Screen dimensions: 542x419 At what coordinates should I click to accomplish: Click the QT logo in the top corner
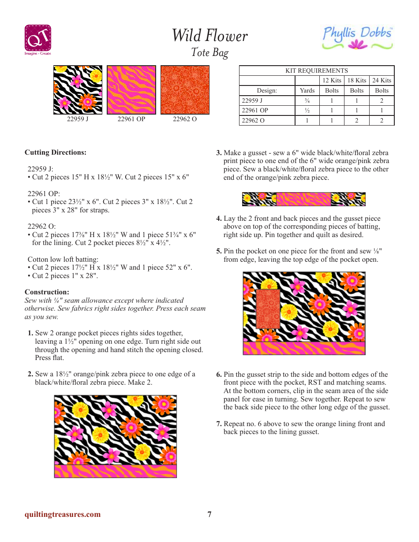tap(37, 39)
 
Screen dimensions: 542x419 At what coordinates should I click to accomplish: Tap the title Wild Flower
tap(209, 36)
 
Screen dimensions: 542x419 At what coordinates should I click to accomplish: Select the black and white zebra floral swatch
tap(78, 90)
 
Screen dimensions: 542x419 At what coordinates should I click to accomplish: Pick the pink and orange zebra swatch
tap(131, 90)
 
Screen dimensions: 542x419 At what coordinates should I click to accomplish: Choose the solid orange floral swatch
tap(185, 90)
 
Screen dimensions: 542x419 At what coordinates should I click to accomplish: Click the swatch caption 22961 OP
tap(131, 119)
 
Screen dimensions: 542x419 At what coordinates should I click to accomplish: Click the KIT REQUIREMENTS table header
tap(316, 71)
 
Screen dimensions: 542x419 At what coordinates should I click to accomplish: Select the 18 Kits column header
tap(356, 80)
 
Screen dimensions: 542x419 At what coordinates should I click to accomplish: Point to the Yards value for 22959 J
tap(307, 100)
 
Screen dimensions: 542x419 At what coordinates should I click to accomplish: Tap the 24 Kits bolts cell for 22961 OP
tap(382, 111)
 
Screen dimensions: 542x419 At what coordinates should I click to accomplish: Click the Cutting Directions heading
tap(56, 152)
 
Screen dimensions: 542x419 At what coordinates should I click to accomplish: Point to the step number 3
tap(219, 153)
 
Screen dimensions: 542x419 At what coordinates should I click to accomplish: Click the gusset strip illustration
tap(304, 199)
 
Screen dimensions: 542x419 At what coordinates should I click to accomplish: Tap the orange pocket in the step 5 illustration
tap(268, 309)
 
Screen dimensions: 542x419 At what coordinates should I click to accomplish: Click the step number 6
tap(219, 375)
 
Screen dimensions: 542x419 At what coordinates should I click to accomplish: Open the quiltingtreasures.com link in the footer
tap(63, 514)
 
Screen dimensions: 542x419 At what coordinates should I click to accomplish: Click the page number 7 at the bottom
tap(209, 514)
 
